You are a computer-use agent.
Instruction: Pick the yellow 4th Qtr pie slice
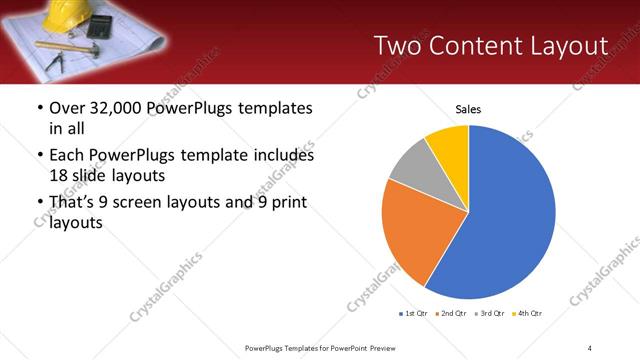click(x=449, y=145)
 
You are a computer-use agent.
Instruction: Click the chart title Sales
click(x=469, y=108)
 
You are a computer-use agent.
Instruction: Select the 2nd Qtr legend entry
click(x=452, y=314)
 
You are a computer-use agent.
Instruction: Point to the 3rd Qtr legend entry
click(x=489, y=314)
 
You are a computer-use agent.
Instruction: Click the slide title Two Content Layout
click(x=490, y=46)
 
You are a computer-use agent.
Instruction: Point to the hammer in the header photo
click(x=75, y=46)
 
